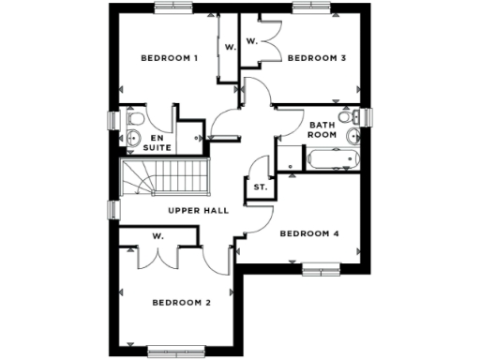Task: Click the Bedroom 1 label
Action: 169,58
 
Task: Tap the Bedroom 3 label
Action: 317,58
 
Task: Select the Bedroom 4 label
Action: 309,232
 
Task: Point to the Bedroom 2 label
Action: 181,302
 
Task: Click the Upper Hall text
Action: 199,210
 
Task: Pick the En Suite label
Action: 157,142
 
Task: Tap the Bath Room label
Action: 322,129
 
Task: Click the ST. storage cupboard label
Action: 261,187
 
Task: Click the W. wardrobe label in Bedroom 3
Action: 251,41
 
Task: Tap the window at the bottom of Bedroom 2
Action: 176,352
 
